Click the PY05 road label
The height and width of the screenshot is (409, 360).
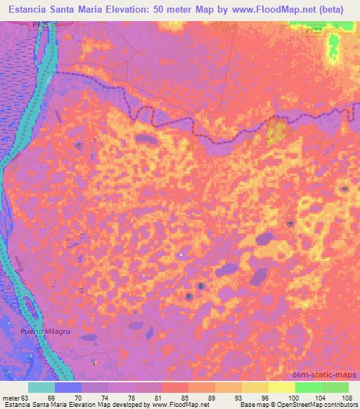(x=41, y=24)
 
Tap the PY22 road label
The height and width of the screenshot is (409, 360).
(x=314, y=30)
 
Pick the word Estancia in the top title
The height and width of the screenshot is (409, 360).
(x=26, y=10)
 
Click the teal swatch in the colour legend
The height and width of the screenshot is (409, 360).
(x=41, y=388)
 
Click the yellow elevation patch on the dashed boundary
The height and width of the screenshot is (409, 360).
(x=276, y=129)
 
